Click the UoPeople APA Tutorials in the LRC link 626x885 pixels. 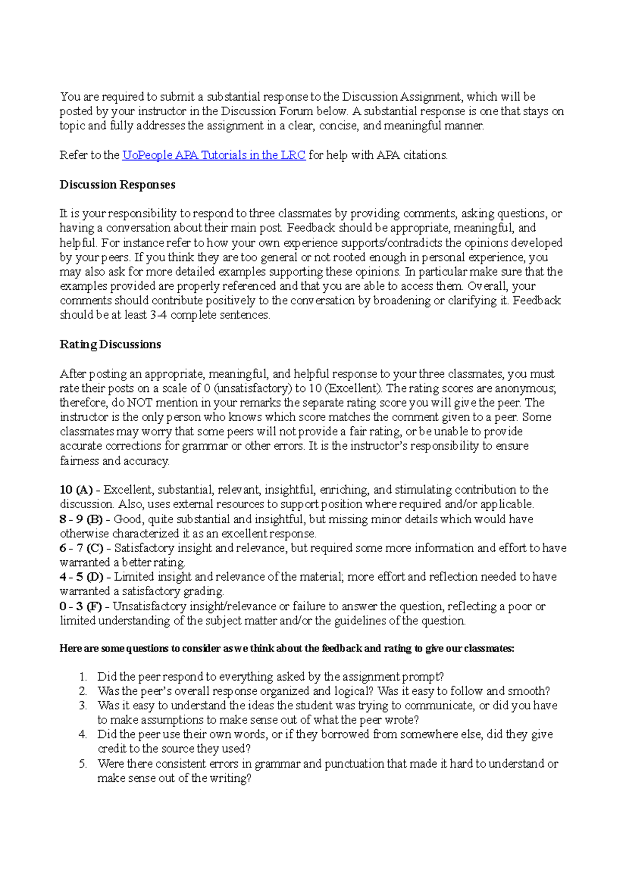tap(213, 155)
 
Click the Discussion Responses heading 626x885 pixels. tap(117, 185)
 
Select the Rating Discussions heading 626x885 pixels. tap(110, 345)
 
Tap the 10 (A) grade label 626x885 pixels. tap(76, 490)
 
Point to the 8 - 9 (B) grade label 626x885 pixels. tap(81, 519)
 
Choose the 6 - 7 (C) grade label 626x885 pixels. tap(81, 548)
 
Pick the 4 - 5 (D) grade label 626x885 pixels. tap(81, 577)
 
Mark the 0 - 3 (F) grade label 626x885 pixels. tap(81, 607)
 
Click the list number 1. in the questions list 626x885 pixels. tap(82, 677)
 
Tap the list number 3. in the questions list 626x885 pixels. tap(82, 706)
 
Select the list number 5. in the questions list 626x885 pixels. tap(82, 764)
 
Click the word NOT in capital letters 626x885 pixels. tap(140, 403)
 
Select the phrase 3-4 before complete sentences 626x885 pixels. tap(158, 315)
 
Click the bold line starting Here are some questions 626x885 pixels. tap(287, 648)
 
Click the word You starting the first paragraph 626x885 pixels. tap(70, 97)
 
